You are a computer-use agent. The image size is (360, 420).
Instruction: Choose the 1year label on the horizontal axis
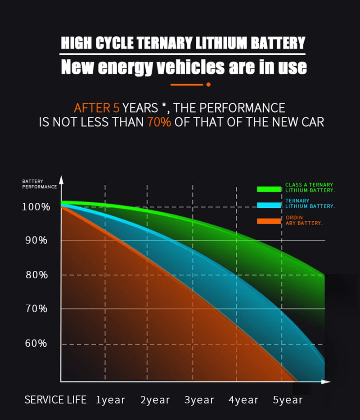(x=111, y=400)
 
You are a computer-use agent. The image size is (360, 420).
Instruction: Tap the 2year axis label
(x=155, y=400)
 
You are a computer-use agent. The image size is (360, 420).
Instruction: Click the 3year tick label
(x=199, y=400)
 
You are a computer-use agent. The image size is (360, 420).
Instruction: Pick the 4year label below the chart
(x=243, y=400)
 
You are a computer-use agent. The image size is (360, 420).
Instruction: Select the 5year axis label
(x=288, y=400)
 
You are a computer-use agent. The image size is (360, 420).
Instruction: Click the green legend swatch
(x=269, y=189)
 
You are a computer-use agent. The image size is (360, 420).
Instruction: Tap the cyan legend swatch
(x=269, y=205)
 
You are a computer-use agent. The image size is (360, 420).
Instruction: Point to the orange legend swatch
(x=269, y=221)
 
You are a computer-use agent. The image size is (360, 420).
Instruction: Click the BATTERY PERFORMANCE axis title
(x=40, y=184)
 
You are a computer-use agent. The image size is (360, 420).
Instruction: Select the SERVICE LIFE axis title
(x=55, y=400)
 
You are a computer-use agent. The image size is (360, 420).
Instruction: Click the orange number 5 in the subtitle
(x=116, y=108)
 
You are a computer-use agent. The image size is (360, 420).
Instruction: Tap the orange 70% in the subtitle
(x=159, y=122)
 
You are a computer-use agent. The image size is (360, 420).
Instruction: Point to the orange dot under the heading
(x=208, y=84)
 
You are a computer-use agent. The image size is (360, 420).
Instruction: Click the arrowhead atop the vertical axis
(x=62, y=180)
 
